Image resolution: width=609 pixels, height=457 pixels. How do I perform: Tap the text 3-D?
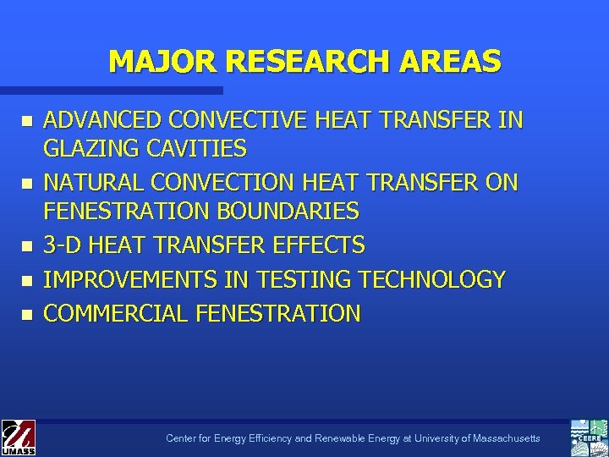tap(62, 245)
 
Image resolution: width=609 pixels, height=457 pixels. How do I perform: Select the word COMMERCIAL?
tap(116, 313)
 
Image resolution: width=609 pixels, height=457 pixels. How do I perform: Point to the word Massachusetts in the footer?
tap(507, 438)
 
